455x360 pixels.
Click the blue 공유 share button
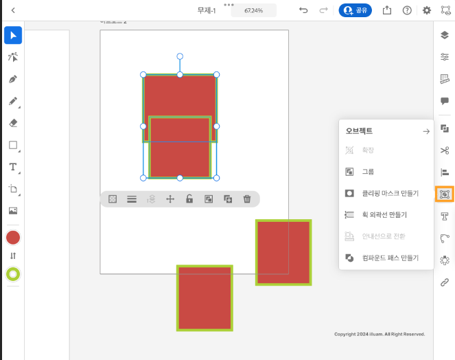[x=355, y=10]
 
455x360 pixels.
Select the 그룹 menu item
[x=368, y=172]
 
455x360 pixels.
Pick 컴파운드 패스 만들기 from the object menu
[x=386, y=258]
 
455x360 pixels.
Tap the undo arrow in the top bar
[x=303, y=10]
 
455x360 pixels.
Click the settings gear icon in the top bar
[x=427, y=10]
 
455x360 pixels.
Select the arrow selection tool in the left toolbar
[x=12, y=35]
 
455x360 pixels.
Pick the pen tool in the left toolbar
[x=12, y=79]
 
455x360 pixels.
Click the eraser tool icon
[x=12, y=123]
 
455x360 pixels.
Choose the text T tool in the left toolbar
[x=12, y=167]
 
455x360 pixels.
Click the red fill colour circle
[x=12, y=238]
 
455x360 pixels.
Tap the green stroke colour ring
[x=12, y=274]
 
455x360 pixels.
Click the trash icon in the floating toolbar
[x=247, y=199]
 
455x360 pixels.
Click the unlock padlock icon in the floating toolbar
[x=189, y=199]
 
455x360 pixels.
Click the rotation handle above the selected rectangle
[x=180, y=56]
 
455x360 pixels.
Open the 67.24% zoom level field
[x=253, y=10]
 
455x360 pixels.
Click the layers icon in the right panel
[x=445, y=35]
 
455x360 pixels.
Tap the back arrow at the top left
[x=12, y=10]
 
